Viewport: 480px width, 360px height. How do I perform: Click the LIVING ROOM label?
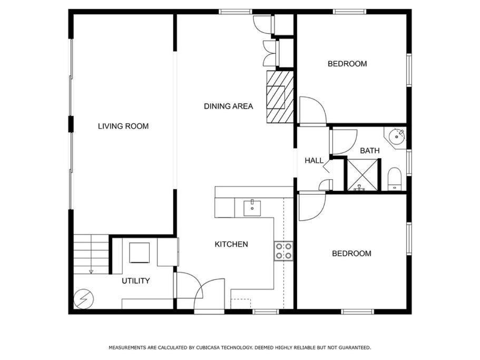(x=123, y=126)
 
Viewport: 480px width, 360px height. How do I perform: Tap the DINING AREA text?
(x=228, y=106)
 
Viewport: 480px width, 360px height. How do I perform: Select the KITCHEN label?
(x=231, y=244)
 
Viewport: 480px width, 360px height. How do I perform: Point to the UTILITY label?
(x=135, y=281)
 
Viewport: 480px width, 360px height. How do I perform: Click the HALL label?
(x=314, y=160)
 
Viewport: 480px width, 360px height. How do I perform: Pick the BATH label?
(x=369, y=151)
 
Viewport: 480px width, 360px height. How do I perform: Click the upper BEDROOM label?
(x=347, y=64)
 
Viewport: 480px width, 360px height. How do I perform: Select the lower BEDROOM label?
(x=351, y=254)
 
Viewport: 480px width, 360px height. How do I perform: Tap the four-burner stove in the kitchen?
(x=283, y=251)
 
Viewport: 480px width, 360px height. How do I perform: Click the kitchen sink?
(x=252, y=208)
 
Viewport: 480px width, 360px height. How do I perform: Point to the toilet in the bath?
(x=394, y=179)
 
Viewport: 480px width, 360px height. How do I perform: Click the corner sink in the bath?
(x=396, y=135)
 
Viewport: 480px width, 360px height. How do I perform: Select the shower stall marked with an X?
(x=363, y=175)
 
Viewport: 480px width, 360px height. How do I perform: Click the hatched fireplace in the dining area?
(x=280, y=97)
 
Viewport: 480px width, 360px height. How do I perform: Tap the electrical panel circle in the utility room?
(x=84, y=298)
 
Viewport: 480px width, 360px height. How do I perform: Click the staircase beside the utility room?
(x=91, y=254)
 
